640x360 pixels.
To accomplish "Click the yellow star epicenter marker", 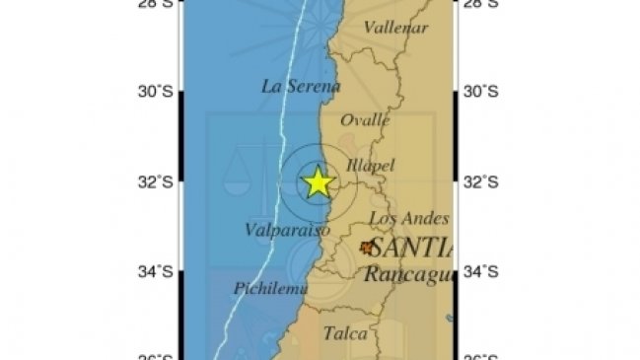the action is pos(318,182).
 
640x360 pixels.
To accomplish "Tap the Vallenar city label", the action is pos(395,28).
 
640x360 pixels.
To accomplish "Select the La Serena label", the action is pos(300,86).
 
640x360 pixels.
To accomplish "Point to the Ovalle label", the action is pos(365,119).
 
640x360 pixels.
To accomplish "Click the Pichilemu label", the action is pos(271,288).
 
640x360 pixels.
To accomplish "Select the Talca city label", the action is pos(345,333).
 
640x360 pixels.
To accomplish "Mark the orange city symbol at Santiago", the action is pos(368,248).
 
